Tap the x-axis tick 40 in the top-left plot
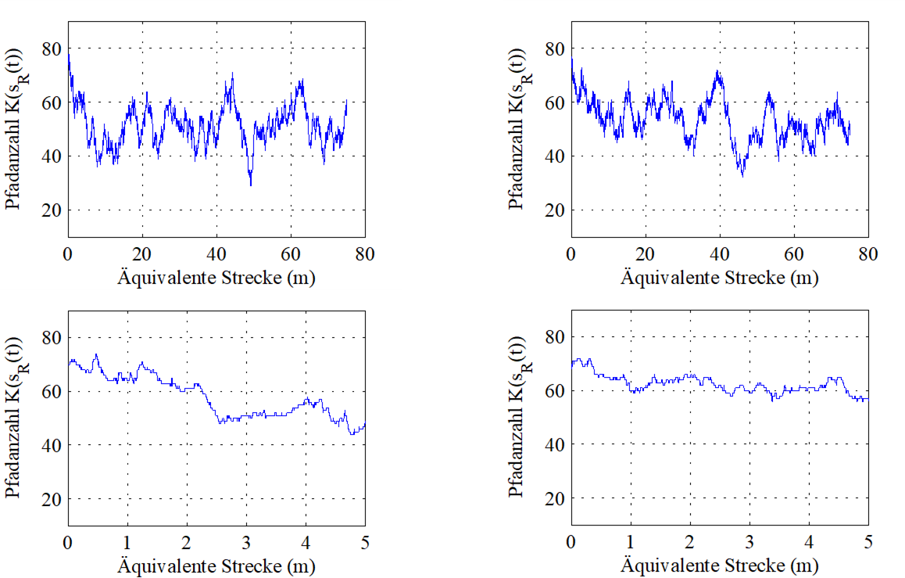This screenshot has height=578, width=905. (216, 254)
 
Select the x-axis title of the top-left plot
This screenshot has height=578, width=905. (216, 277)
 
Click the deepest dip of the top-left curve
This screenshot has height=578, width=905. (251, 185)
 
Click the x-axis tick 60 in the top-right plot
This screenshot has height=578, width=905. (794, 254)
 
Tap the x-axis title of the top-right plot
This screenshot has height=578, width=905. (720, 277)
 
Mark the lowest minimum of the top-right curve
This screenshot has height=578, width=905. (742, 176)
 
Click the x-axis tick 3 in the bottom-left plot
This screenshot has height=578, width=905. (246, 543)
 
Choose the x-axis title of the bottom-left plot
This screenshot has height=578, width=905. (216, 565)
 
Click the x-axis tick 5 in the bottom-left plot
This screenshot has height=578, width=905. (365, 543)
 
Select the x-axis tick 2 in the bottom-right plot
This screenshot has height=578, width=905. (690, 543)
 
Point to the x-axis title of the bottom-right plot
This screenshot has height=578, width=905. (720, 565)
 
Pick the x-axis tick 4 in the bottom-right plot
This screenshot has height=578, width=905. (809, 543)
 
